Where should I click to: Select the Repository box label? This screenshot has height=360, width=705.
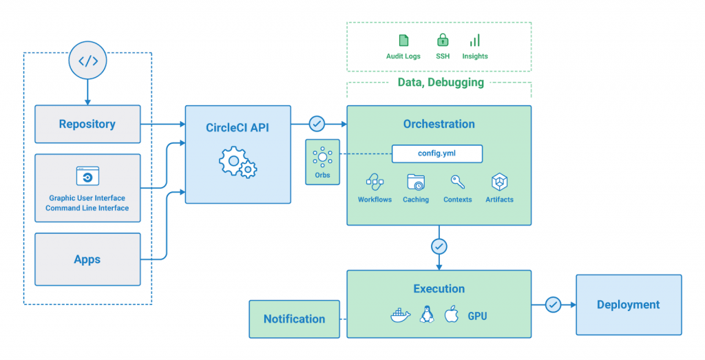click(x=87, y=125)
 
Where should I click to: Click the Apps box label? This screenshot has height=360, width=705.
click(x=87, y=260)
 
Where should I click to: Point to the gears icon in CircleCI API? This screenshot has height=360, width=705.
click(x=238, y=163)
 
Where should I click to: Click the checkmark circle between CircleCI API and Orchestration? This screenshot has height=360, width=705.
click(x=317, y=124)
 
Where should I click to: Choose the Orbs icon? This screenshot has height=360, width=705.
click(x=322, y=158)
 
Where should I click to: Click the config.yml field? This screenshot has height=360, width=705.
click(x=436, y=153)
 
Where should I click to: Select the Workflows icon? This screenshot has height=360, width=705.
click(x=375, y=182)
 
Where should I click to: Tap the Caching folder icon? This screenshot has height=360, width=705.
click(x=416, y=182)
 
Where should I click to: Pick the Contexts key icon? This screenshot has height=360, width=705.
click(x=457, y=182)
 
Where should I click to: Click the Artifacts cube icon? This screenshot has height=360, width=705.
click(x=499, y=182)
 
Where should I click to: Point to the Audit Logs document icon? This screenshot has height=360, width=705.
click(x=403, y=41)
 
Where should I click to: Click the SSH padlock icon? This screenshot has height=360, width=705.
click(x=443, y=40)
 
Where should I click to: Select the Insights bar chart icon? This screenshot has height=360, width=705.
click(x=475, y=40)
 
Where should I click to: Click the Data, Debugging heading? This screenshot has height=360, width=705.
click(x=441, y=83)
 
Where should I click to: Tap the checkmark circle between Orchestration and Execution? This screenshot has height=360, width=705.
click(x=439, y=246)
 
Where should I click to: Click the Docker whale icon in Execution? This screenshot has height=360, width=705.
click(x=401, y=316)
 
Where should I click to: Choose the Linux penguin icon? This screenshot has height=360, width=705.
click(x=426, y=315)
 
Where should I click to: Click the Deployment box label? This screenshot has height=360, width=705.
click(x=628, y=305)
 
